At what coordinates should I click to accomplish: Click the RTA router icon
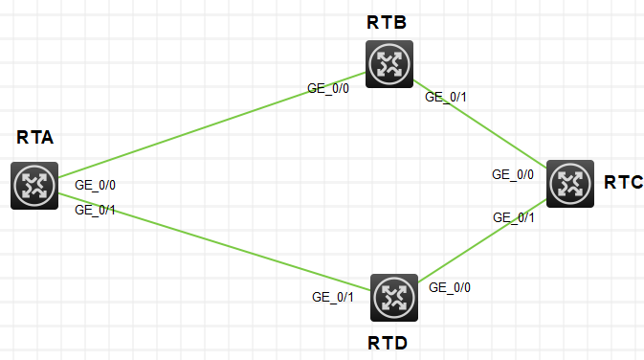click(x=34, y=186)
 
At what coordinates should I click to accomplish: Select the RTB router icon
click(x=389, y=65)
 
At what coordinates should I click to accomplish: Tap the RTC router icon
click(x=570, y=183)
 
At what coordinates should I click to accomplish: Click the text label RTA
click(x=34, y=139)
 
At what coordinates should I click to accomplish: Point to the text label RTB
click(x=387, y=23)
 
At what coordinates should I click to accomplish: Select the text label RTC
click(x=623, y=182)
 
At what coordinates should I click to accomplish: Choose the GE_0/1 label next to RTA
click(x=95, y=210)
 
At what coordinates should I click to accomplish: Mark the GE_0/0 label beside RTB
click(x=328, y=87)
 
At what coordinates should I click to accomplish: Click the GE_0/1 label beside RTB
click(x=446, y=97)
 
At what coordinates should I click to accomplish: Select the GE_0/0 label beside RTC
click(x=513, y=175)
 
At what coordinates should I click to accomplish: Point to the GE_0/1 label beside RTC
click(x=514, y=217)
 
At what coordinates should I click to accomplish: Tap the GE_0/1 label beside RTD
click(x=333, y=297)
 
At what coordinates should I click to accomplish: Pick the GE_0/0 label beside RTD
click(x=450, y=286)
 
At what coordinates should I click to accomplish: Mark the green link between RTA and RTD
click(x=211, y=242)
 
